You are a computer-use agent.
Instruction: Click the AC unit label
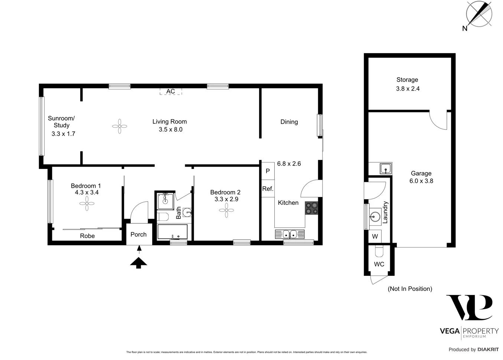click(170, 91)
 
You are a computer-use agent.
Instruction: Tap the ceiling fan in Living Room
click(120, 126)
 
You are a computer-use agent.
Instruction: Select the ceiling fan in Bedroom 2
click(226, 210)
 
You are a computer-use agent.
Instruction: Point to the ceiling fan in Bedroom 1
click(86, 203)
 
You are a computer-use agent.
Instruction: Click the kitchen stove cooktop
click(311, 208)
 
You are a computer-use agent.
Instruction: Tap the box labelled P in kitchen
click(268, 171)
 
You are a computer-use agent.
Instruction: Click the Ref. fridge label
click(268, 189)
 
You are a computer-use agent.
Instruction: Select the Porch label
click(138, 235)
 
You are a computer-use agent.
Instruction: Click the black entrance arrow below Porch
click(138, 262)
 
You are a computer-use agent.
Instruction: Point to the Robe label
click(88, 236)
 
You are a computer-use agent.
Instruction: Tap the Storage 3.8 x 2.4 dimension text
click(408, 89)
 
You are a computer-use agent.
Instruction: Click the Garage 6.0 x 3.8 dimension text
click(421, 181)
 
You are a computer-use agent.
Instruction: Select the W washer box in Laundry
click(375, 236)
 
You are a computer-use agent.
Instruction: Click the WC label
click(379, 264)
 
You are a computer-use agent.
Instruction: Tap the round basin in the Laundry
click(375, 216)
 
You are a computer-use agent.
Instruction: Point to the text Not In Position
click(410, 289)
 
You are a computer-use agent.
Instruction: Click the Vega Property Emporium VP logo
click(469, 308)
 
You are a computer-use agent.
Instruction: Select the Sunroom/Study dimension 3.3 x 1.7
click(63, 134)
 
